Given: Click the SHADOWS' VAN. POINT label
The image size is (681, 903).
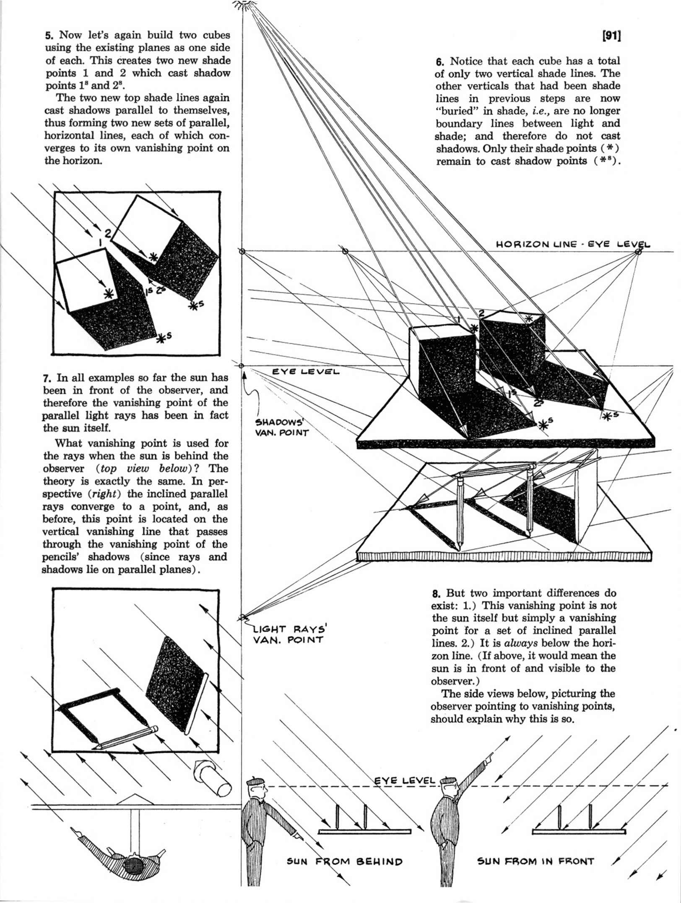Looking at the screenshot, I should [x=282, y=427].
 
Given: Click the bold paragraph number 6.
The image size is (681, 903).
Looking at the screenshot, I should [x=439, y=62].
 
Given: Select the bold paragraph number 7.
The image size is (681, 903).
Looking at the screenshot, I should [x=46, y=378].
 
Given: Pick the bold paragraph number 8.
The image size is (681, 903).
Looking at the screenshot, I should [x=436, y=594].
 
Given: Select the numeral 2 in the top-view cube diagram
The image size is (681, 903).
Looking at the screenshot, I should [x=108, y=235].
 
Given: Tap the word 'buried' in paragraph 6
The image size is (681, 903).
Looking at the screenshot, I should [x=455, y=111].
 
